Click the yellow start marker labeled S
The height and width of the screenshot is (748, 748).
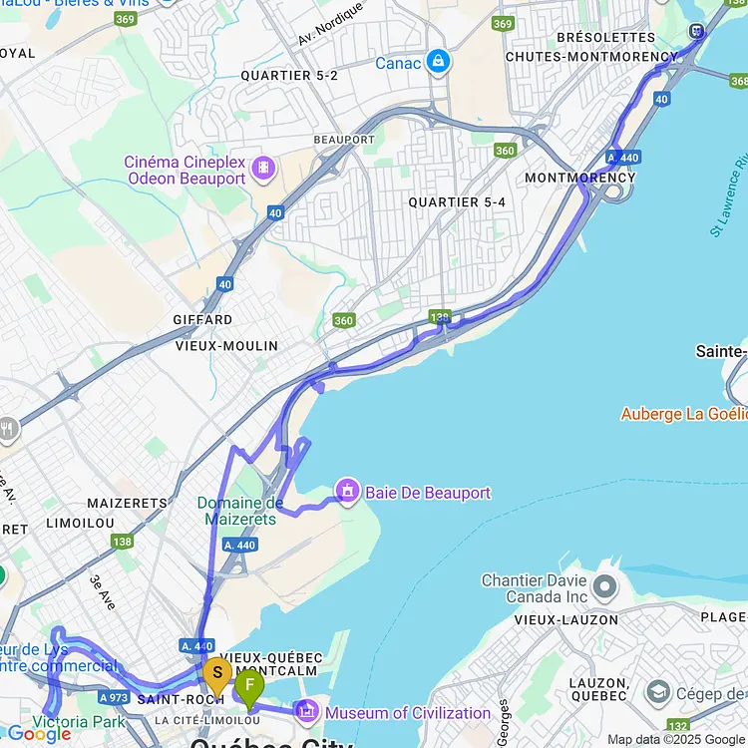pos(216,675)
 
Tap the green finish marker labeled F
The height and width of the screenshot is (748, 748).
pos(248,686)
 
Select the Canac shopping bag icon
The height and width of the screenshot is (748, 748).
pos(437,62)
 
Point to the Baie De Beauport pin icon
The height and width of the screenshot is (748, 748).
pos(348,492)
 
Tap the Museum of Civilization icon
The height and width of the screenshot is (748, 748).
pos(308,712)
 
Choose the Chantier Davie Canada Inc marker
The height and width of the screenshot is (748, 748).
pos(604,585)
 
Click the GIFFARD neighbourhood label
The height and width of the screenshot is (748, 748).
pos(203,320)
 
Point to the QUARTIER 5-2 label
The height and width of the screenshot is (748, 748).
pos(289,76)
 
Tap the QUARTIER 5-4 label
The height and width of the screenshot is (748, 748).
pos(457,202)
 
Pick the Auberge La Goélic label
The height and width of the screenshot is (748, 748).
pos(683,413)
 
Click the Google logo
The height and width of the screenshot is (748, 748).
pos(40,735)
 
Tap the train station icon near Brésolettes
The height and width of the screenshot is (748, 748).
pos(696,31)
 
